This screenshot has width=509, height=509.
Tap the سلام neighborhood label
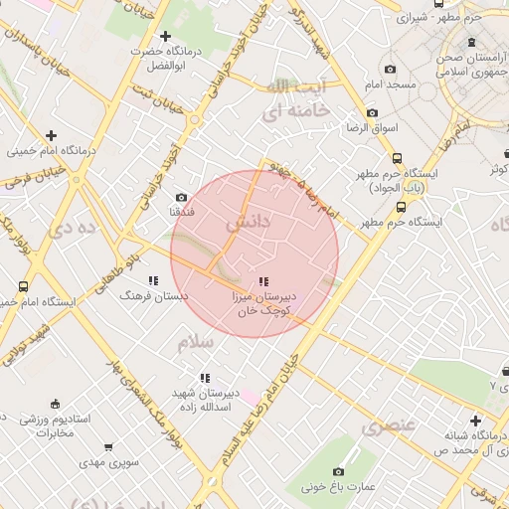click(x=195, y=343)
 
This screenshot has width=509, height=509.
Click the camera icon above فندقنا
click(x=181, y=197)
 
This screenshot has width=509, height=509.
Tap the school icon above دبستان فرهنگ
click(x=153, y=281)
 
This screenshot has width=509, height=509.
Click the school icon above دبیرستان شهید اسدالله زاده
click(x=204, y=378)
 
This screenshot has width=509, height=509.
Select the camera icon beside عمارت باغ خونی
click(x=338, y=471)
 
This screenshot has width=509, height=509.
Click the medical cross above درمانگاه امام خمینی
click(x=51, y=135)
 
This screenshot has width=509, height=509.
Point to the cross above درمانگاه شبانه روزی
click(x=476, y=421)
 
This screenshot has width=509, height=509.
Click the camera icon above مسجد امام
click(x=390, y=70)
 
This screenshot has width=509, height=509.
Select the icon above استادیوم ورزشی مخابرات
click(x=54, y=404)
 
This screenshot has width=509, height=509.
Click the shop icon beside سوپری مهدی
click(x=108, y=447)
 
